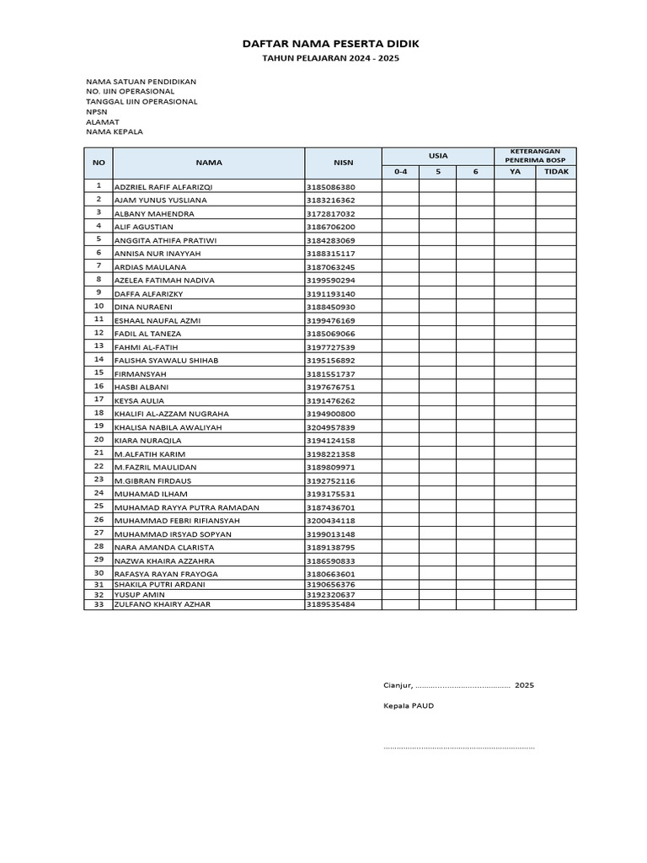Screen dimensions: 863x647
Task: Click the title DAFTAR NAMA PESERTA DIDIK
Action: pyautogui.click(x=330, y=43)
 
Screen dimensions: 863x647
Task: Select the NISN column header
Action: pyautogui.click(x=343, y=162)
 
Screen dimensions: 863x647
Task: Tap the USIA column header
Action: pyautogui.click(x=438, y=155)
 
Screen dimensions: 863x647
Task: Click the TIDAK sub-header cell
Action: pyautogui.click(x=556, y=172)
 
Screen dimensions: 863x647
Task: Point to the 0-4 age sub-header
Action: pyautogui.click(x=400, y=172)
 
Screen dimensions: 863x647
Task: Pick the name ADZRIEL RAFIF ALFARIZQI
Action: pyautogui.click(x=163, y=187)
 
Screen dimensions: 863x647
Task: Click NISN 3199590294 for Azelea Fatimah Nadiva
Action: pyautogui.click(x=330, y=281)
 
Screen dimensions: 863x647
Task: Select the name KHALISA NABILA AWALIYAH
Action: pyautogui.click(x=168, y=427)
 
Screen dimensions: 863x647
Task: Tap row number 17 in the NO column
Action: pyautogui.click(x=99, y=399)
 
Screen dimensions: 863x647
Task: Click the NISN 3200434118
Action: pyautogui.click(x=330, y=521)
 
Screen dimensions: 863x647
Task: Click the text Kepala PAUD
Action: pyautogui.click(x=409, y=705)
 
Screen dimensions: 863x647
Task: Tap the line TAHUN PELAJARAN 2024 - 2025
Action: pyautogui.click(x=330, y=59)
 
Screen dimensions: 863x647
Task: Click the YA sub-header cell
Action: pyautogui.click(x=515, y=172)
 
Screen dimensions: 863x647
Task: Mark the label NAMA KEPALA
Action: pyautogui.click(x=115, y=132)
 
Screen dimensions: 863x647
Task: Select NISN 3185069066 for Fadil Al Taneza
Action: pyautogui.click(x=330, y=334)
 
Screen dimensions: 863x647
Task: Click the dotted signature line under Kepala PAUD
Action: pyautogui.click(x=459, y=748)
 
